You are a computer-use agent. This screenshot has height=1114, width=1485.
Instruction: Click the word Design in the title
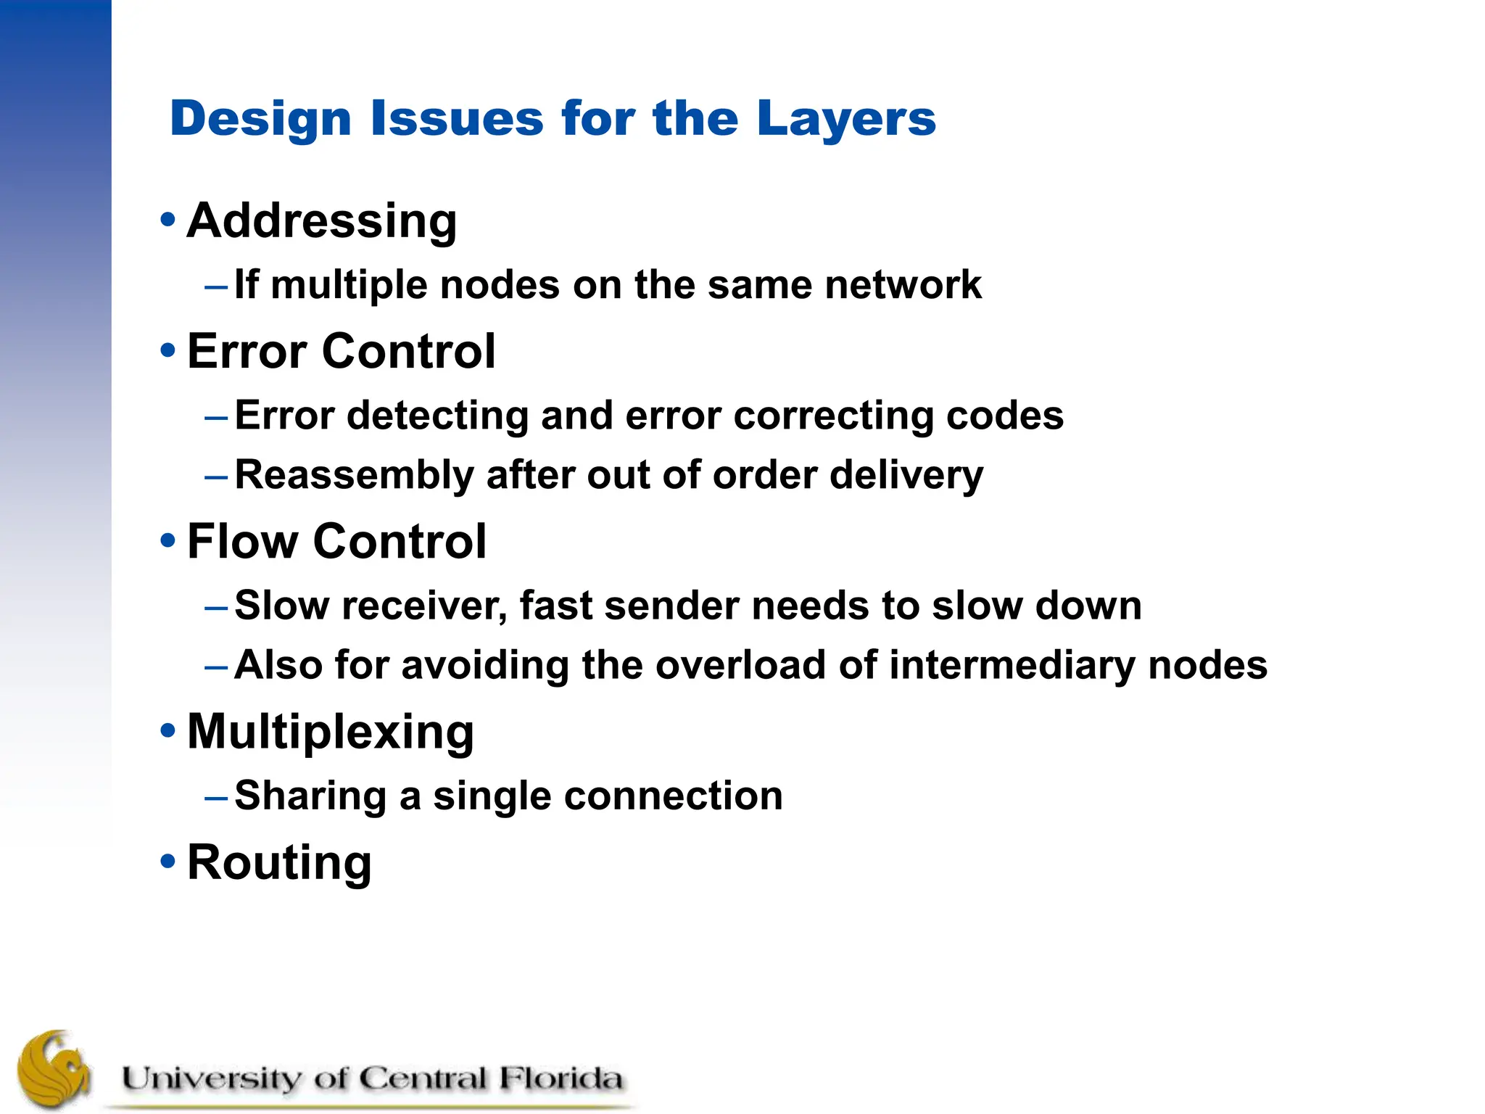260,119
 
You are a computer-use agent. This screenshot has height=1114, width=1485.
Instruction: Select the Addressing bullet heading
322,220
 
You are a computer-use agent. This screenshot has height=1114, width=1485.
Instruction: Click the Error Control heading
342,352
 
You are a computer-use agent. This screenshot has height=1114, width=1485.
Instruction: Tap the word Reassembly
354,476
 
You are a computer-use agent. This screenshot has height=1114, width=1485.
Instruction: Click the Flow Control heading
336,542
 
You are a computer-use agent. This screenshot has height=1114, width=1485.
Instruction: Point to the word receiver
424,606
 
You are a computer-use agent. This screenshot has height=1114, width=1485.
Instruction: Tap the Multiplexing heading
331,733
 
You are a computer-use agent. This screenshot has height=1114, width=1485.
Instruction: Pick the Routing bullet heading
279,863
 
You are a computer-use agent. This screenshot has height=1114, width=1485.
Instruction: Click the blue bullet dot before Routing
167,862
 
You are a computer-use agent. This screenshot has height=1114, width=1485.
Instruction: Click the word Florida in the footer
560,1078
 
